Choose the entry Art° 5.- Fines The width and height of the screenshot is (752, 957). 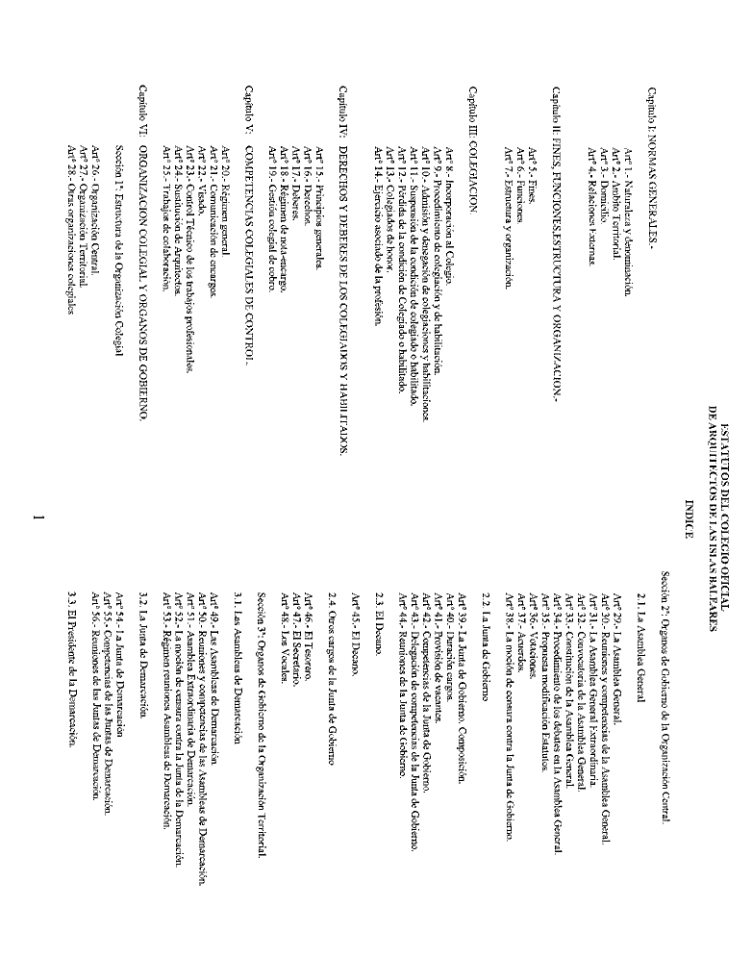click(x=530, y=160)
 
